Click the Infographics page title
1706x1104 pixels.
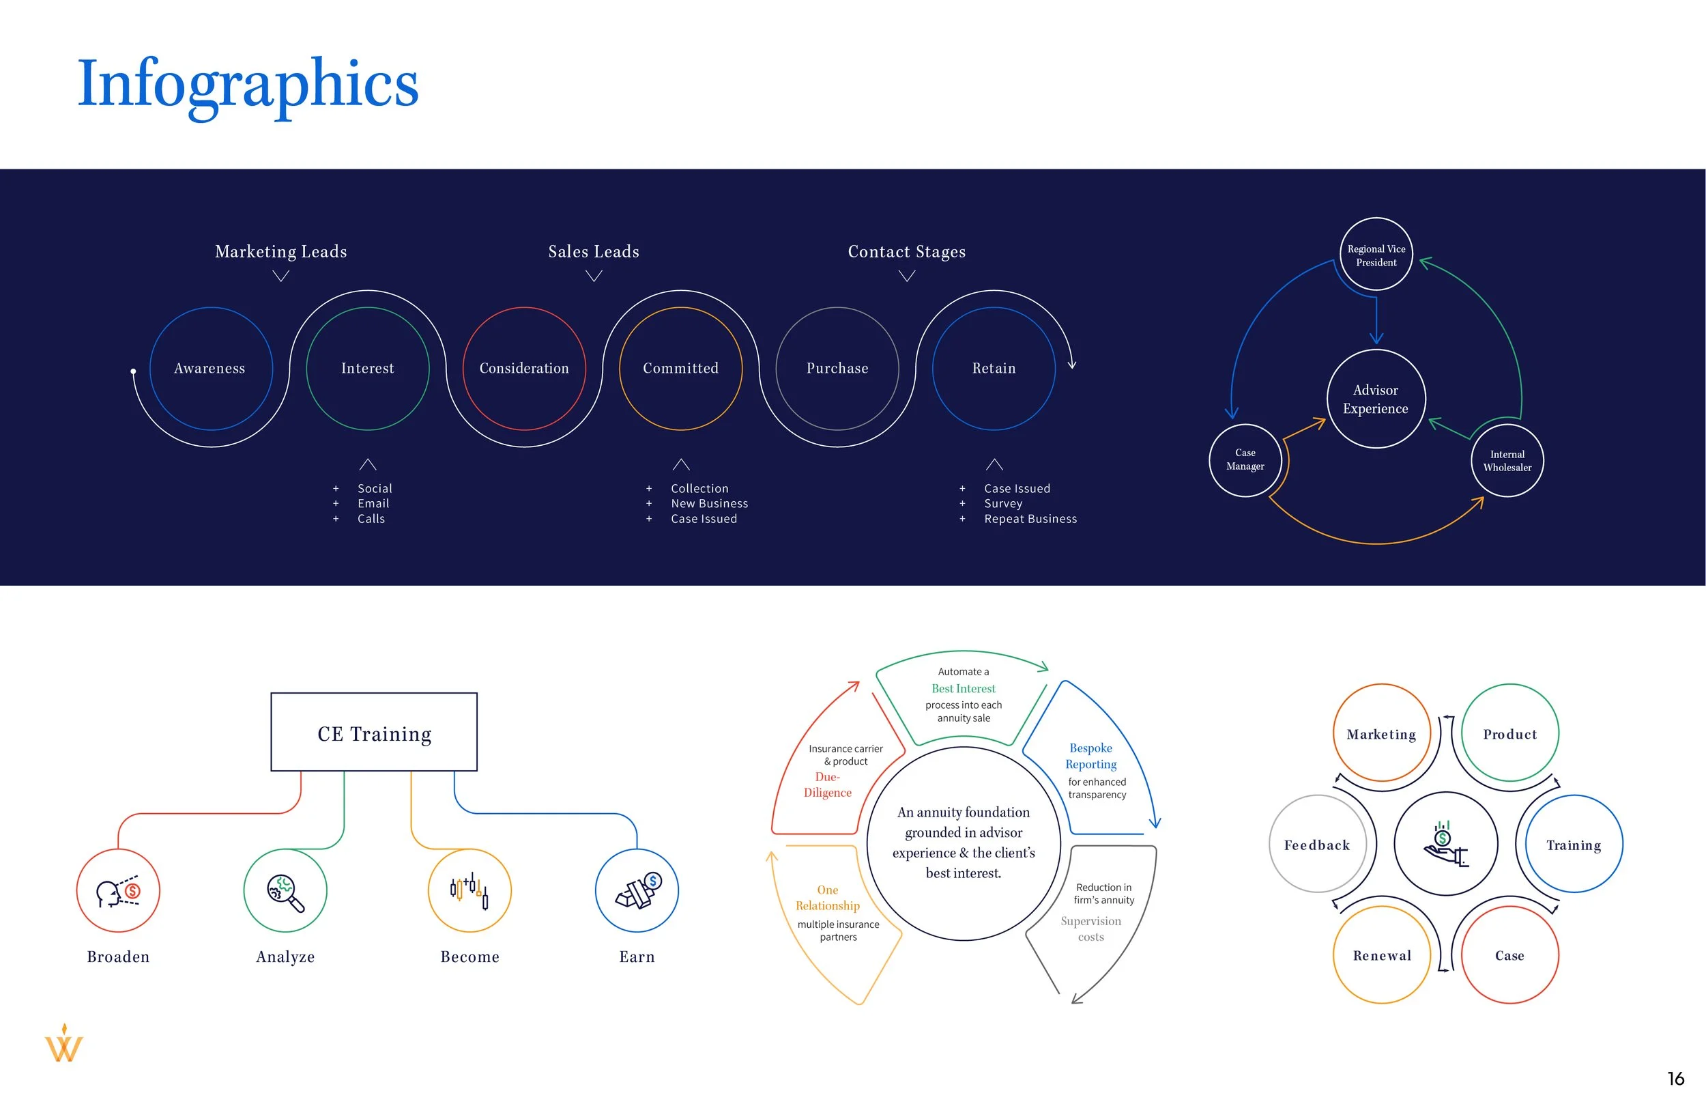[x=247, y=85]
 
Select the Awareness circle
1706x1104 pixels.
[x=211, y=369]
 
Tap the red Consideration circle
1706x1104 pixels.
[x=524, y=369]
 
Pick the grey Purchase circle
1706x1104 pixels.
[x=837, y=369]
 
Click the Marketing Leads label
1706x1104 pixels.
[x=281, y=252]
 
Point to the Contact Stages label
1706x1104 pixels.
[x=906, y=252]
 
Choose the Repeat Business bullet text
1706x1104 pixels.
[x=1030, y=519]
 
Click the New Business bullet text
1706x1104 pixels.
[x=708, y=504]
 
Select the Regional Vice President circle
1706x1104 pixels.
[x=1376, y=255]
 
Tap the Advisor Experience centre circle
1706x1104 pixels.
[x=1376, y=399]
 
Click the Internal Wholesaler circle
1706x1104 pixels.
[x=1507, y=461]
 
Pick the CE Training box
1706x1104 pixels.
[x=374, y=733]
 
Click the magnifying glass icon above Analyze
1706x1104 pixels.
[x=285, y=892]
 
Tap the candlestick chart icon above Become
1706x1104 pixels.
[x=469, y=890]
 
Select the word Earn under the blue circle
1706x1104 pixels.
[x=637, y=957]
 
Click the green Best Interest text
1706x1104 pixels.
[x=963, y=689]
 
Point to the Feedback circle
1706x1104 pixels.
[x=1317, y=845]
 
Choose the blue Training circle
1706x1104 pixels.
[x=1574, y=845]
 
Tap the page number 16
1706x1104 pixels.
[x=1675, y=1079]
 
